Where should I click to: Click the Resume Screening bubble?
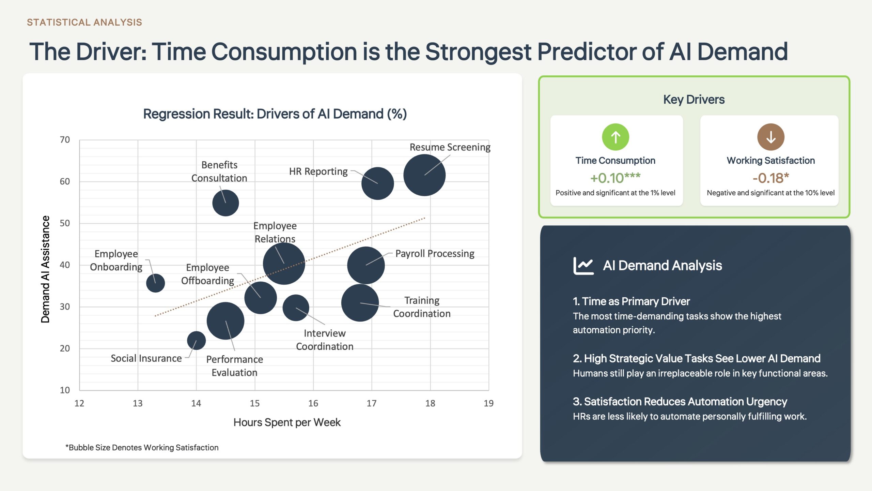[424, 175]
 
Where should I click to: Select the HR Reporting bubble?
[377, 183]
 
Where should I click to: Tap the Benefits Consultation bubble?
[225, 203]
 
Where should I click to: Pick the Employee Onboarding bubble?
[155, 283]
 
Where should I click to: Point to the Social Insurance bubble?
[196, 340]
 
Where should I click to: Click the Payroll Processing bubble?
[366, 265]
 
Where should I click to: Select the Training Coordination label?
[422, 307]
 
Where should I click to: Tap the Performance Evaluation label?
[234, 366]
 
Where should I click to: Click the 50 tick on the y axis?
[65, 223]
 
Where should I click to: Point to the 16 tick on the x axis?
[313, 403]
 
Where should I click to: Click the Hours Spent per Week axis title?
[287, 422]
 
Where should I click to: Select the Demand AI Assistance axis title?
[45, 269]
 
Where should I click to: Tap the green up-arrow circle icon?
[616, 137]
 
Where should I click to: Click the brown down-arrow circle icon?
[771, 137]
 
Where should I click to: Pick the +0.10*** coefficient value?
[615, 178]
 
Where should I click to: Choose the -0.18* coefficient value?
[771, 178]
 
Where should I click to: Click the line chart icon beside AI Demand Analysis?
[583, 266]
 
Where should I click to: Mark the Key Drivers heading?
[694, 100]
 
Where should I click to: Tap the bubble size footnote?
[142, 447]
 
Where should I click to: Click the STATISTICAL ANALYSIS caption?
[84, 23]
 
